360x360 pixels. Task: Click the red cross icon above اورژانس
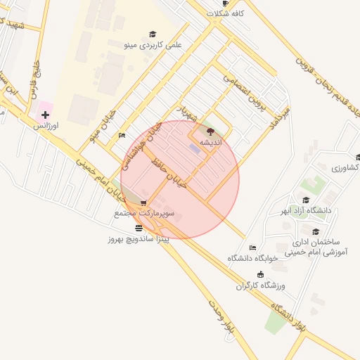coord(45,115)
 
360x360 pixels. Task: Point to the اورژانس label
coord(46,126)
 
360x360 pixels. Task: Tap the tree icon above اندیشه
coord(210,131)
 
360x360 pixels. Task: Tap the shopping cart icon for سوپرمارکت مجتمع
coord(144,203)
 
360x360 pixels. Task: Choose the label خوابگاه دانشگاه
coord(253,258)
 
